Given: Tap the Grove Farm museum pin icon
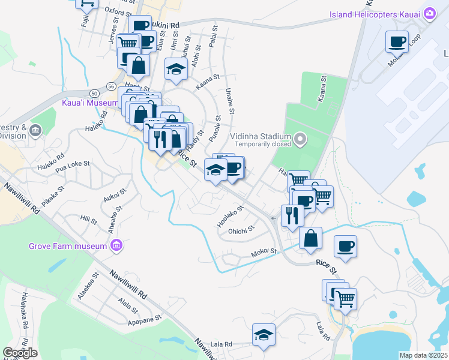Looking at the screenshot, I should pos(116,245).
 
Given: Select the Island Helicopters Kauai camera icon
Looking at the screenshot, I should pos(429,13).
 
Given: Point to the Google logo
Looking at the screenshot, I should pos(20,353).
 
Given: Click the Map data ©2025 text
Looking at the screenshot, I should pos(415,355).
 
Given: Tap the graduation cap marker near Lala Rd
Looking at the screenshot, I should pos(264,335).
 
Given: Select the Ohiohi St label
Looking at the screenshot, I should pos(242,230).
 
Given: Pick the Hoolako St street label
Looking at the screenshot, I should pos(230,217).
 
